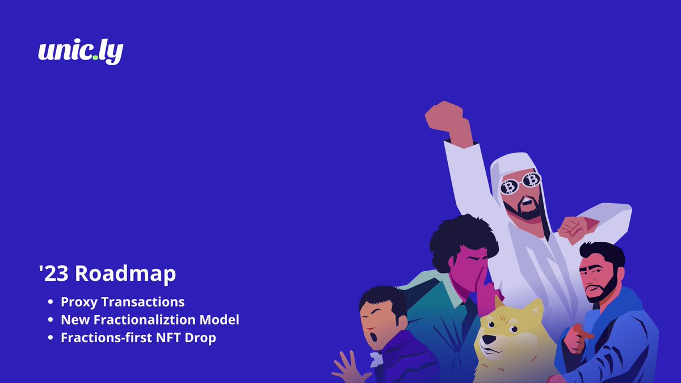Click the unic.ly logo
click(x=81, y=52)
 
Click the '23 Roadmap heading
click(x=107, y=273)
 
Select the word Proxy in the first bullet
click(x=78, y=302)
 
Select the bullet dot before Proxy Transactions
click(x=51, y=302)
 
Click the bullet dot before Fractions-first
click(x=51, y=338)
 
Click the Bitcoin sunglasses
click(x=520, y=182)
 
